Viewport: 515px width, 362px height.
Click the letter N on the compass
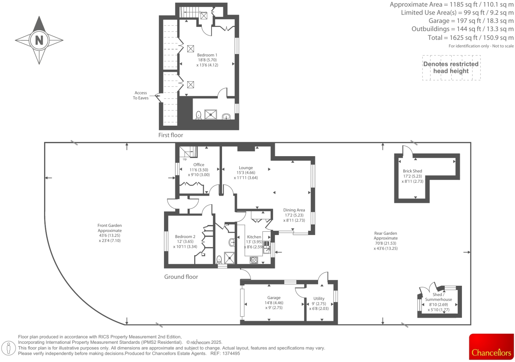point(39,40)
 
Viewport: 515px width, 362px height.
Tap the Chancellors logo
point(491,347)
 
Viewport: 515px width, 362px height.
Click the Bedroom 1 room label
point(207,55)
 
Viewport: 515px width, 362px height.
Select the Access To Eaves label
point(141,95)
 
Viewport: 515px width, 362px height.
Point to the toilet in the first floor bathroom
point(199,115)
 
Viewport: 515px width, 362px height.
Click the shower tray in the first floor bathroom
point(210,115)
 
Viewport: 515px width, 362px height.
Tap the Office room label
point(199,165)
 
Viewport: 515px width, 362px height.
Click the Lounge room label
point(246,168)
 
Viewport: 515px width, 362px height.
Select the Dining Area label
point(294,210)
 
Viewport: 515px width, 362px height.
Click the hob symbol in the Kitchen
point(254,260)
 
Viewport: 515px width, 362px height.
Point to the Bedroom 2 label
point(185,237)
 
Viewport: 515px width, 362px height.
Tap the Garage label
point(274,298)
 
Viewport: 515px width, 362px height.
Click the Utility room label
point(319,299)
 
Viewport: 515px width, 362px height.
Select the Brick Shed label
point(412,171)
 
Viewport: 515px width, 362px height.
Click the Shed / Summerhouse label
point(438,297)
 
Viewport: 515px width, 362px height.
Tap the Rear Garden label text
point(385,236)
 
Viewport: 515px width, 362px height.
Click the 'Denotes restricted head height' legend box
point(451,68)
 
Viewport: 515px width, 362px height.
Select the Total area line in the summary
point(471,38)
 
